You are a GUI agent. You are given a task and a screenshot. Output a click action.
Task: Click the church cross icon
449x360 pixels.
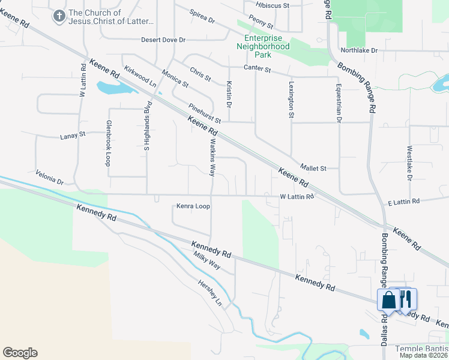[59, 16]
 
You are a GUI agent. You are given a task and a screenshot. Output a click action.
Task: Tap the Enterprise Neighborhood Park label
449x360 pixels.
[263, 46]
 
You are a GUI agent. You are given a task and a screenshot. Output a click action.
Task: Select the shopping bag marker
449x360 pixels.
[388, 299]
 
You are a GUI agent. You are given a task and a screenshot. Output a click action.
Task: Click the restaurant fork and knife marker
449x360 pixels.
[406, 298]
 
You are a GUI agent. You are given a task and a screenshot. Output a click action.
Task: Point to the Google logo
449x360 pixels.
[20, 353]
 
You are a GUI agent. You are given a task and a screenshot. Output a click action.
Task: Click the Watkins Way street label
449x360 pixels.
[211, 158]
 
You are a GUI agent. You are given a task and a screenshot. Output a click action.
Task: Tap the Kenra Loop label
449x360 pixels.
[193, 206]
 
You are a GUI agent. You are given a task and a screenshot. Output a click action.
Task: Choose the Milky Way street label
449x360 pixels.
[206, 263]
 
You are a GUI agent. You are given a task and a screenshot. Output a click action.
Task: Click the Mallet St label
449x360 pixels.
[313, 169]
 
